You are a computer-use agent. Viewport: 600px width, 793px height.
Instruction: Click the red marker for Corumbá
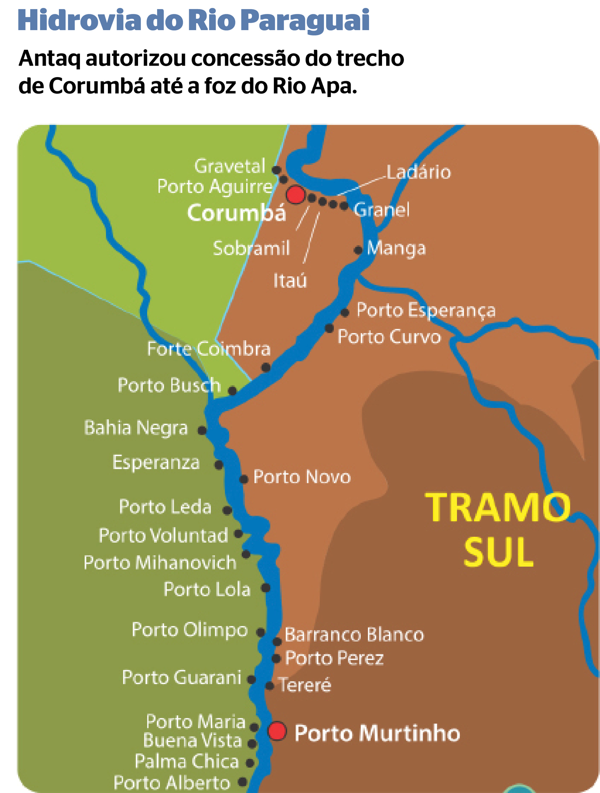click(x=295, y=195)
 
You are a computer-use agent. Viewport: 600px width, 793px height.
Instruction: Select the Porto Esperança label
click(x=426, y=310)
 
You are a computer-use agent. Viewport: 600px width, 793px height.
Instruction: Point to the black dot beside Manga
click(x=358, y=250)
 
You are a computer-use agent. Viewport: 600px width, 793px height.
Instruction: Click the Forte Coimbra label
click(x=209, y=349)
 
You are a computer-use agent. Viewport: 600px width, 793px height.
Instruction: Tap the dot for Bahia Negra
click(x=202, y=430)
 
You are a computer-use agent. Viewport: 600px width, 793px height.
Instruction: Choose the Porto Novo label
click(x=302, y=477)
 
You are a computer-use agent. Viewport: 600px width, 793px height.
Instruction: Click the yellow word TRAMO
click(x=498, y=507)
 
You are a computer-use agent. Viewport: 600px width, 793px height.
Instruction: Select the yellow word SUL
click(x=498, y=552)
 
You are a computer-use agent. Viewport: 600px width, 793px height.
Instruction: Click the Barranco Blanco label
click(x=354, y=634)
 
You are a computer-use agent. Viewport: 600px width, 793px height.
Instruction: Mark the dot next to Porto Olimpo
click(x=261, y=632)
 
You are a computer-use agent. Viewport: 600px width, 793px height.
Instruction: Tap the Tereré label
click(x=305, y=685)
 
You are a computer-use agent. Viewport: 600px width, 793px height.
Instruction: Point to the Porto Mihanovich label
click(x=160, y=562)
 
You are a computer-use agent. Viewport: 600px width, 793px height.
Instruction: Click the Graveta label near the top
click(x=229, y=166)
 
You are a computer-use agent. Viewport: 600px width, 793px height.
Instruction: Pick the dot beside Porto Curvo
click(x=329, y=328)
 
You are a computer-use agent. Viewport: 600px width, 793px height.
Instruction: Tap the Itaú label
click(x=290, y=280)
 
